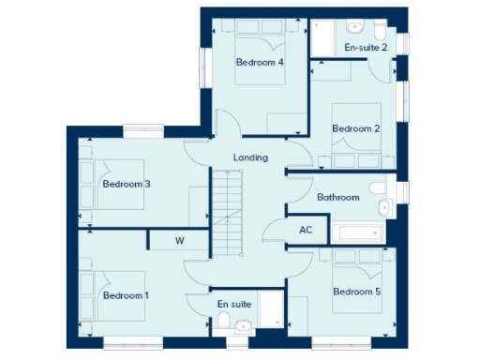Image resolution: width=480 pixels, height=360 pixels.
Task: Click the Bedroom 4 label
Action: coord(260,63)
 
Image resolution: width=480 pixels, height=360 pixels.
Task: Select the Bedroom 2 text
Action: coord(355,128)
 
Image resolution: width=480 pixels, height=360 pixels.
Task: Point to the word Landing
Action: coord(251,157)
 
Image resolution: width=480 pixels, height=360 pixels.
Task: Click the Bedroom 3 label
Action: coord(127,184)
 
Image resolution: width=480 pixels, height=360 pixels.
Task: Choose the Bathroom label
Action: coord(337,197)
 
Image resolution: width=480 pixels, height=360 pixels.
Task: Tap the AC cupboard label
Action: coord(306,230)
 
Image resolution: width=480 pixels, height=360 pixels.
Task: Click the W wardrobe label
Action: coord(180,241)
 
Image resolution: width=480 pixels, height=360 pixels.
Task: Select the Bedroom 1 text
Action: coord(126,295)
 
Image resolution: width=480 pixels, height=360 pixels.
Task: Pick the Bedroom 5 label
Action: coord(357,292)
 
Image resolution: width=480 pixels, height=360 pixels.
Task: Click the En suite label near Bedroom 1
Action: coord(233,304)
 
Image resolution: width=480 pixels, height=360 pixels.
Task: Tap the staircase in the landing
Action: coord(227,212)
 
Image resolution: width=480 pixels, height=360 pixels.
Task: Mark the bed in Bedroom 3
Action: coord(108,186)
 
